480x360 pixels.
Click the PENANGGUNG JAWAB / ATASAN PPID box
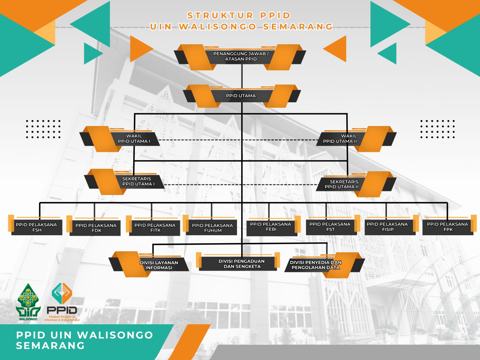tap(241, 56)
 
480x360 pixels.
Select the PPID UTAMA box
tap(241, 96)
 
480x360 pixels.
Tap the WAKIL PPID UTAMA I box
tap(134, 139)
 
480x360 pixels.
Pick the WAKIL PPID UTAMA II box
tap(340, 139)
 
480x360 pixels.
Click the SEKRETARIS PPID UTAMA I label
tap(138, 181)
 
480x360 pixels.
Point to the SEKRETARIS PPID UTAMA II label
tap(342, 184)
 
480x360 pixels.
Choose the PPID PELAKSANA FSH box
tap(37, 227)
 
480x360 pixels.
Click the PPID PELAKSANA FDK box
tap(96, 228)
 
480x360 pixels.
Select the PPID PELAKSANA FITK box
tap(155, 228)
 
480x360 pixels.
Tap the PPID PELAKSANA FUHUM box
tap(212, 228)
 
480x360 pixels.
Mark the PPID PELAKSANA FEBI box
tap(271, 227)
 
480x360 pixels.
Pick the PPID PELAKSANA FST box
tap(330, 227)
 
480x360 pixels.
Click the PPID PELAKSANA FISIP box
tap(387, 227)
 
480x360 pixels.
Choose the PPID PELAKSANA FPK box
tap(447, 227)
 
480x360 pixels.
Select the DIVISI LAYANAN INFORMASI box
tap(159, 265)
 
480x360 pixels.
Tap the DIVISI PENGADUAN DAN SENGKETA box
tap(241, 264)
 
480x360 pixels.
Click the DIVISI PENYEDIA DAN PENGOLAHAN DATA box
tap(316, 265)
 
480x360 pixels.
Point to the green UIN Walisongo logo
tap(28, 301)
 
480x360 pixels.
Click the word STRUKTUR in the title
tap(220, 16)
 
